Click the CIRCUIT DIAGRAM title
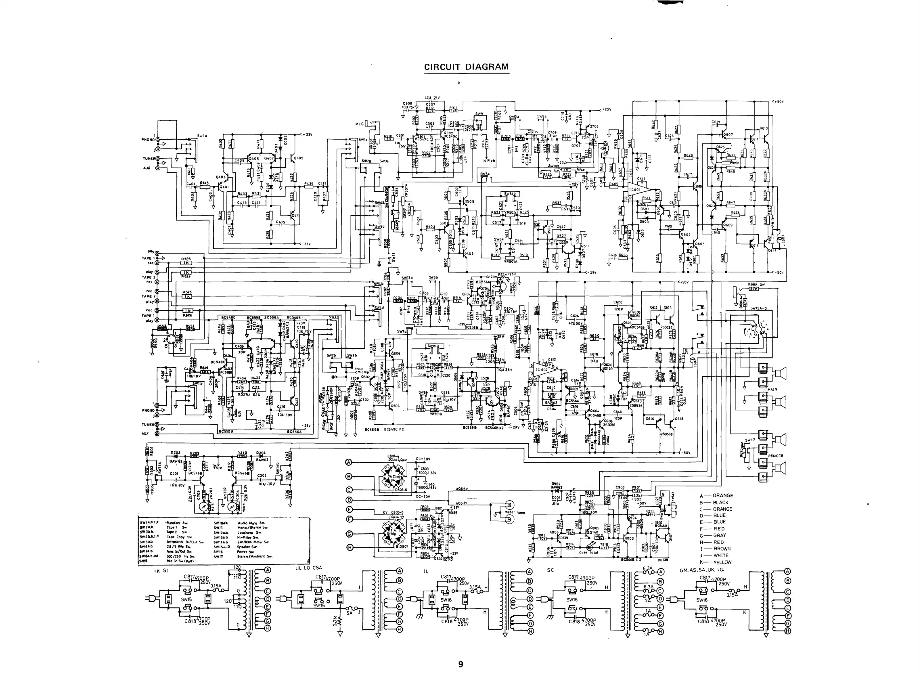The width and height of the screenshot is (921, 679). click(466, 67)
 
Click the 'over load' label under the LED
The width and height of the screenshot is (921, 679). click(588, 553)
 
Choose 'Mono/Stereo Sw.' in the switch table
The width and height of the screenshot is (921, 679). click(253, 527)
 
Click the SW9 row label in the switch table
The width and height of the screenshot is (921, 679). click(143, 561)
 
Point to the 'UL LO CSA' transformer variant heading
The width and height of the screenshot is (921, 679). click(309, 568)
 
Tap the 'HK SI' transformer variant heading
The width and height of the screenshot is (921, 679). click(158, 571)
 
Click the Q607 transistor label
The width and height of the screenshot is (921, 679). click(728, 134)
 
